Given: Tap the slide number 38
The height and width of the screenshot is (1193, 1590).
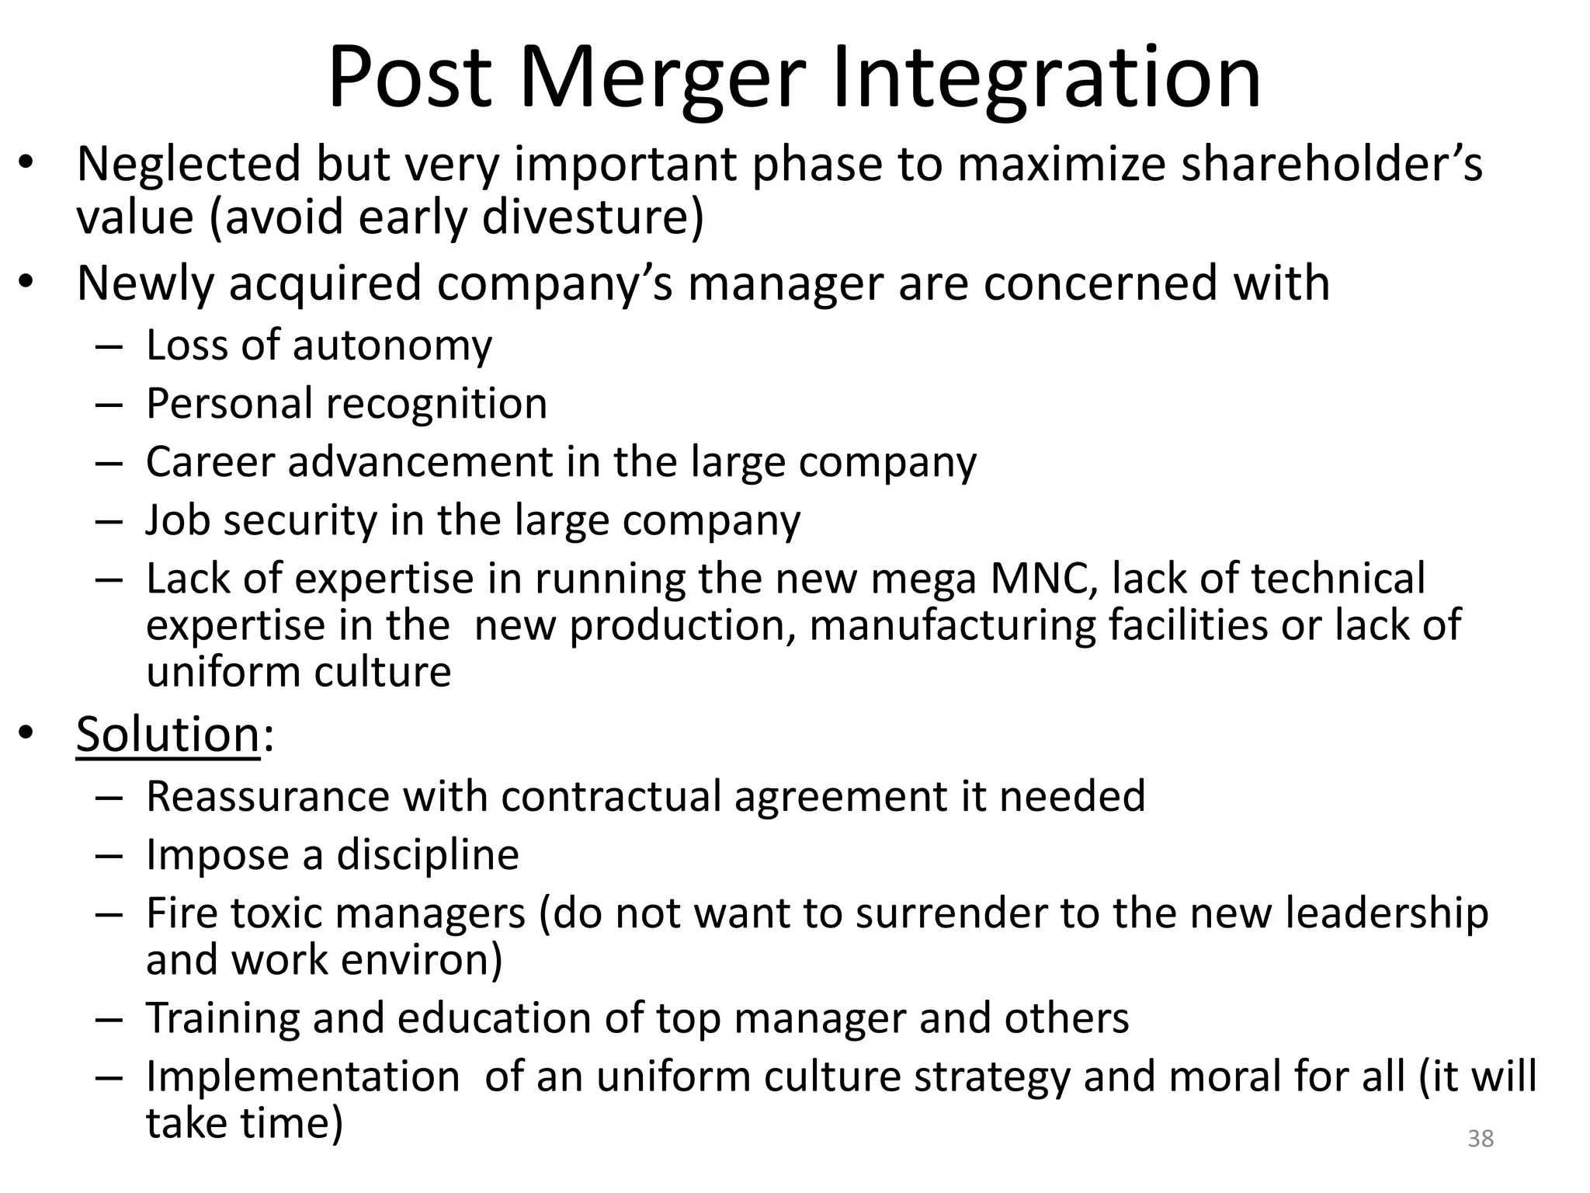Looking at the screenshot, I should point(1481,1139).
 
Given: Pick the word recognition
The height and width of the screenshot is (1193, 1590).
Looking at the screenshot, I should point(436,404).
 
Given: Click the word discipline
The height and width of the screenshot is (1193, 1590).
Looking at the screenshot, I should point(428,855).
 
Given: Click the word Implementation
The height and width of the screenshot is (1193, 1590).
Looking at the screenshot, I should point(303,1077).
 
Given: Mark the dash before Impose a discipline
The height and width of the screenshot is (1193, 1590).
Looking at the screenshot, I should point(109,856).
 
